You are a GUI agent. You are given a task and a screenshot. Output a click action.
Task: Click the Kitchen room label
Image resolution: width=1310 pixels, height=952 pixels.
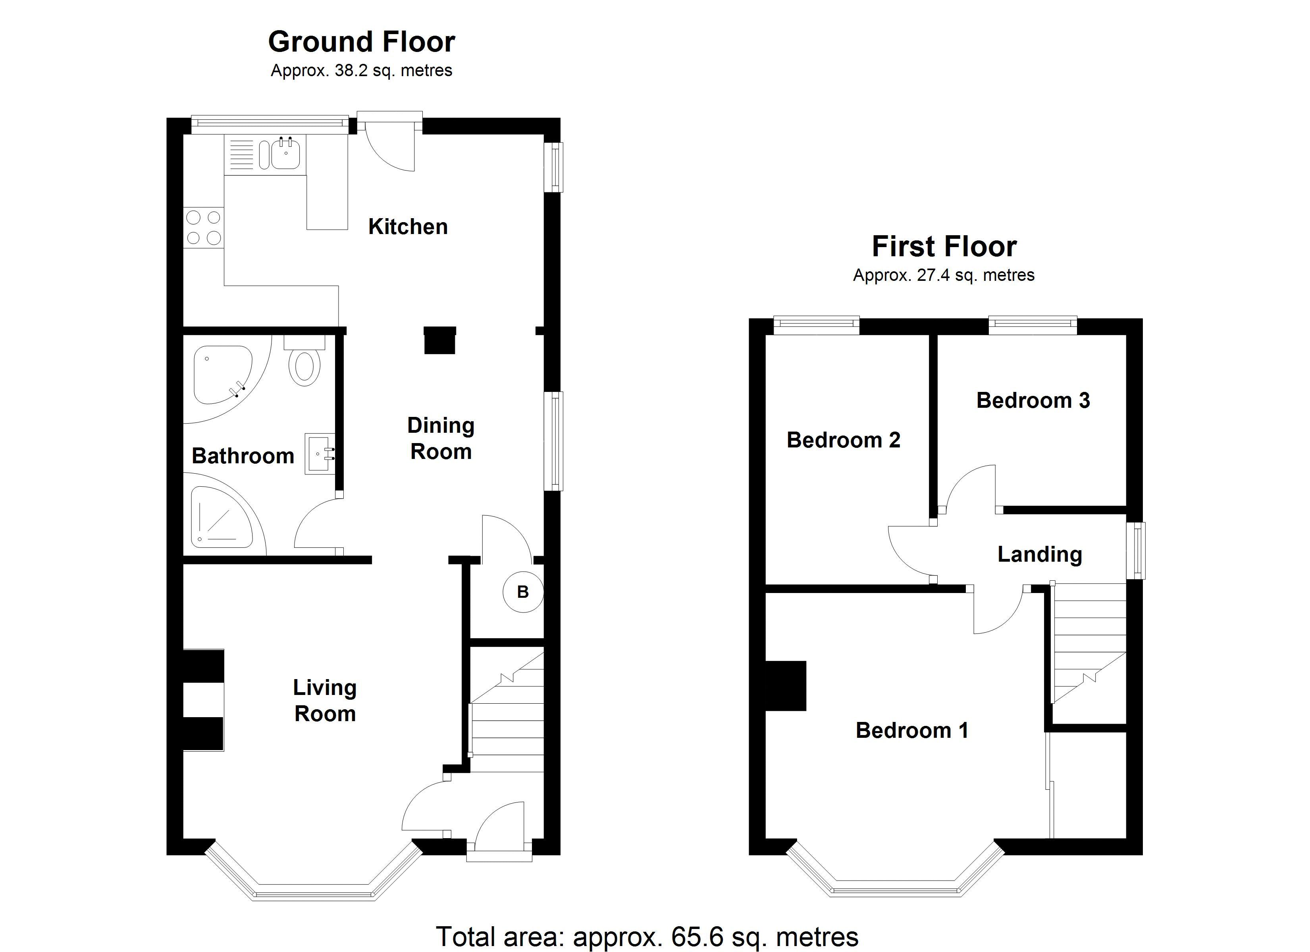click(x=408, y=226)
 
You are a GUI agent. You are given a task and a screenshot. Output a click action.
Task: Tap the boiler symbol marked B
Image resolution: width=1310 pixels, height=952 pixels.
click(x=523, y=592)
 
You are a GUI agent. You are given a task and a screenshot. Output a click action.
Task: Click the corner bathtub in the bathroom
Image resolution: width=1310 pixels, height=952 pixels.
click(x=223, y=375)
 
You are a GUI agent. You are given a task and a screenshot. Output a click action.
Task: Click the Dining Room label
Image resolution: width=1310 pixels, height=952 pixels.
click(x=441, y=438)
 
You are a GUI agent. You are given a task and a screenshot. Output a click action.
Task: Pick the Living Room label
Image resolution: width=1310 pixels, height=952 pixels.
click(x=325, y=700)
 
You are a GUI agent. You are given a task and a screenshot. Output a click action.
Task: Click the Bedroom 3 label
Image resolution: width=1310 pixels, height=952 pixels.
click(x=1033, y=400)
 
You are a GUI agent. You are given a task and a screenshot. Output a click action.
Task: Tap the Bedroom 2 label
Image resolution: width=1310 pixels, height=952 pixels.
click(x=843, y=440)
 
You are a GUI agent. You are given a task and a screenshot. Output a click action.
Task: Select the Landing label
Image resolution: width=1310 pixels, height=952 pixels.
click(x=1040, y=554)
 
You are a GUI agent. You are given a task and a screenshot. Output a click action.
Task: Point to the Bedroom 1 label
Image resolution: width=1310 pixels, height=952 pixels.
click(x=912, y=730)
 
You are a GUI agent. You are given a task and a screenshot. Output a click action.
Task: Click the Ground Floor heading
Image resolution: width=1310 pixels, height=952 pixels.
click(x=362, y=42)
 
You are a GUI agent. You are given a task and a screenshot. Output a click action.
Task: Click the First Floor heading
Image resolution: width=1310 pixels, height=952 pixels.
click(x=944, y=246)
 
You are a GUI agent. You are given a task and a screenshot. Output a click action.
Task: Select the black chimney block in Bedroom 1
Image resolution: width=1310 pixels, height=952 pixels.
click(x=786, y=686)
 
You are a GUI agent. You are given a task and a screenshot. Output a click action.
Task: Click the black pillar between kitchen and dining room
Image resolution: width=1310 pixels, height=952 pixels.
click(x=440, y=340)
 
